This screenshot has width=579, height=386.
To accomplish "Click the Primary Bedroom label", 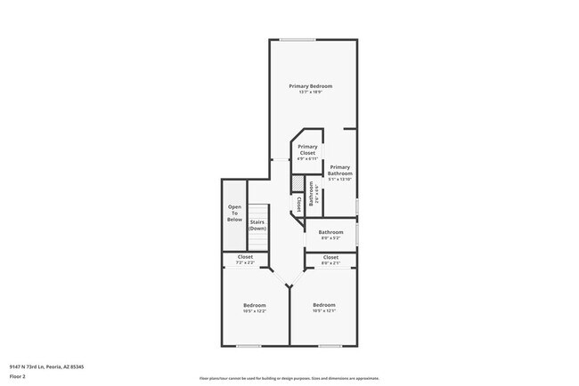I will (310, 85).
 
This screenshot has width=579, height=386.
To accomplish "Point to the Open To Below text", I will (234, 213).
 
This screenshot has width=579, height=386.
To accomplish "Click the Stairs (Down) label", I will (257, 225).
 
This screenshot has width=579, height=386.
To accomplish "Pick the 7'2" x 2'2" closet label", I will (245, 257).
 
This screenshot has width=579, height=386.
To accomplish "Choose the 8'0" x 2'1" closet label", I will (330, 257).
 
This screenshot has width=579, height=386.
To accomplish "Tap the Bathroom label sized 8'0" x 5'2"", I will (330, 232).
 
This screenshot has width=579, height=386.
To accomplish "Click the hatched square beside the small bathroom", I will (298, 181).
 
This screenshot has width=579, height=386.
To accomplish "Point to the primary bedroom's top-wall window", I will (297, 39).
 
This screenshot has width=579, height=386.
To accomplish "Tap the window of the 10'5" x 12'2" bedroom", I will (249, 345).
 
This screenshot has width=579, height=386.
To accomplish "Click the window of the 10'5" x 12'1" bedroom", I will (330, 345).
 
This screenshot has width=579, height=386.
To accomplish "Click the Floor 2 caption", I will (17, 376).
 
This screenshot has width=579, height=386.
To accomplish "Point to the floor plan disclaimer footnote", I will (289, 378).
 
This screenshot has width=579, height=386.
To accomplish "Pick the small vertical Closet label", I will (297, 204).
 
